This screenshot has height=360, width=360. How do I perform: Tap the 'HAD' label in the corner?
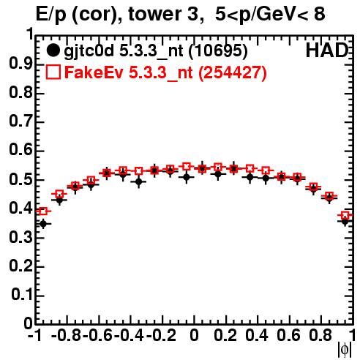click(327, 50)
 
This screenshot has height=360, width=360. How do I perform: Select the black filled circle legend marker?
click(53, 50)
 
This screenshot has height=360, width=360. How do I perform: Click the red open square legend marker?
click(53, 72)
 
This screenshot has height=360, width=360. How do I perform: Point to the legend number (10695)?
click(218, 51)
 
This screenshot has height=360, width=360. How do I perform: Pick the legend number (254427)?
click(233, 72)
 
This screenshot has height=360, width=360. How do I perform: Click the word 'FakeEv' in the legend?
click(94, 72)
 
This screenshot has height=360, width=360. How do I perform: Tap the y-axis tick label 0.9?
click(20, 64)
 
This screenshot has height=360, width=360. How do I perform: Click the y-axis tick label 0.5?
click(20, 179)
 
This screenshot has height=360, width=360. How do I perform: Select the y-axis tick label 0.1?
click(22, 295)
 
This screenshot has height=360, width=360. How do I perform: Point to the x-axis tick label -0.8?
click(67, 335)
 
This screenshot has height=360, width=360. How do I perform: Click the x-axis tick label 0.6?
click(288, 335)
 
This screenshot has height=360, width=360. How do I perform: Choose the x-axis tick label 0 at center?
click(194, 335)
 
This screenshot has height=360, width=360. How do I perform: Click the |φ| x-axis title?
click(345, 350)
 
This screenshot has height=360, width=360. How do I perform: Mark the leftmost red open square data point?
click(43, 211)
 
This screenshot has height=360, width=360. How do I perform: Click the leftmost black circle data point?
click(43, 223)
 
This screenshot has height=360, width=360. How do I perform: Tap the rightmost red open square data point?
click(345, 215)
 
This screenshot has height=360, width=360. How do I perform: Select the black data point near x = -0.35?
click(139, 181)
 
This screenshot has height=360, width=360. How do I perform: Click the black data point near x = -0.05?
click(187, 177)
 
